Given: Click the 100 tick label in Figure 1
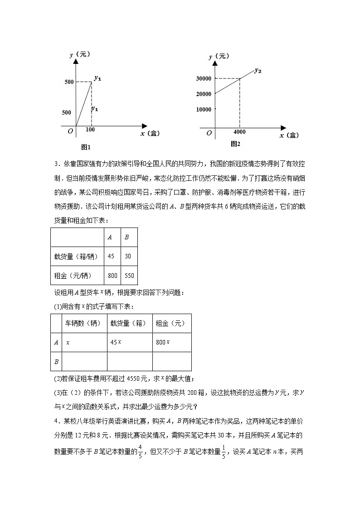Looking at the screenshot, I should point(90,130).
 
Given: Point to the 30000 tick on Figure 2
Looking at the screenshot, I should point(203,78).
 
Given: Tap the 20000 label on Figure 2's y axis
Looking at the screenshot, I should point(203,94).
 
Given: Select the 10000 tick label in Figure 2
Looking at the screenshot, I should point(203,109).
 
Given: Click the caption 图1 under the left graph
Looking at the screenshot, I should point(86,147).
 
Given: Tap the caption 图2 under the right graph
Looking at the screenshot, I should point(235,144).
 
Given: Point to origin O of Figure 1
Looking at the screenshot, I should point(70,131).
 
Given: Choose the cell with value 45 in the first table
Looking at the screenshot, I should point(111,256).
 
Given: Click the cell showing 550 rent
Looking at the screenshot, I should point(128,275).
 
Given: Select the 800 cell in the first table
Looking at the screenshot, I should point(112,275).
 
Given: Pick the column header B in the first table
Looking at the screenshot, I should point(126,237).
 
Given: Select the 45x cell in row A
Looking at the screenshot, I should point(116,342).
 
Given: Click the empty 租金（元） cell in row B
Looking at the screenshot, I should point(171,361).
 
